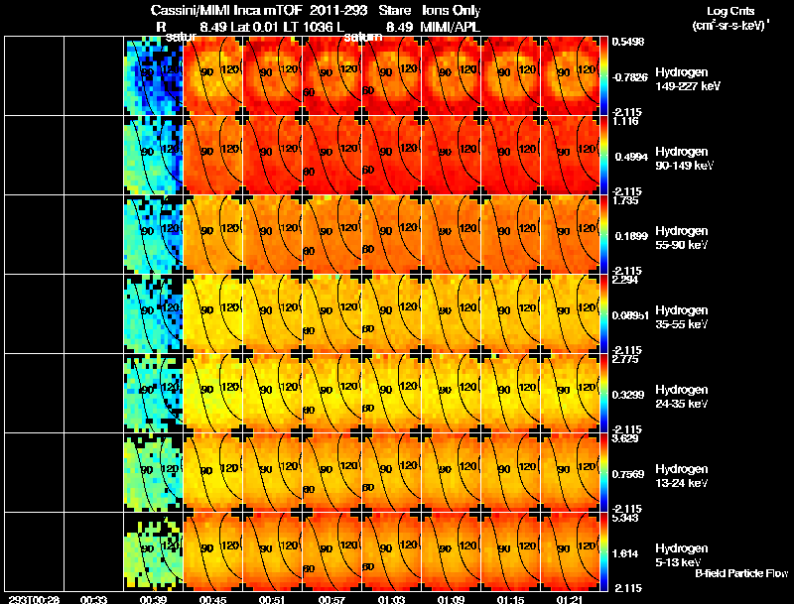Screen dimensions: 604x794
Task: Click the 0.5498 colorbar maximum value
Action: click(x=629, y=42)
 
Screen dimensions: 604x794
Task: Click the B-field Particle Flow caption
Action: click(x=740, y=573)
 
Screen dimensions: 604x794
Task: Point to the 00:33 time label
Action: click(x=94, y=599)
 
